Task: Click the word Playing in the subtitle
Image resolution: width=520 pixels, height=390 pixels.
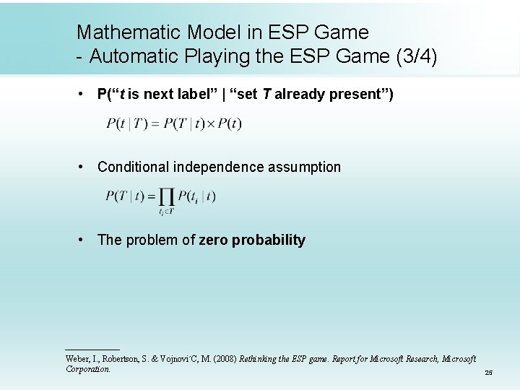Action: (217, 56)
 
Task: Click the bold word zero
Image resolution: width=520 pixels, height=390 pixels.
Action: (214, 240)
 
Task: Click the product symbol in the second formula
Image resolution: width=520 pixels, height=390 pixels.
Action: (167, 197)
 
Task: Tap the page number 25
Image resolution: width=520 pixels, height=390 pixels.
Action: (488, 373)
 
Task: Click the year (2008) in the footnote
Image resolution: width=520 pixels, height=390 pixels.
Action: (222, 359)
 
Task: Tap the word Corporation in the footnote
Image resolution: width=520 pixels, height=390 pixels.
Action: (87, 369)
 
